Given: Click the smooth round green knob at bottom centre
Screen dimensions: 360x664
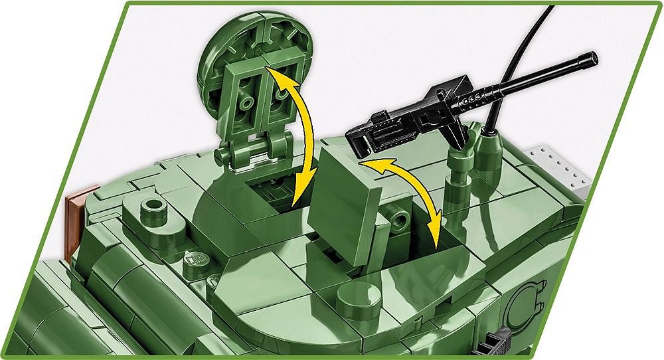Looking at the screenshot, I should (358, 300).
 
